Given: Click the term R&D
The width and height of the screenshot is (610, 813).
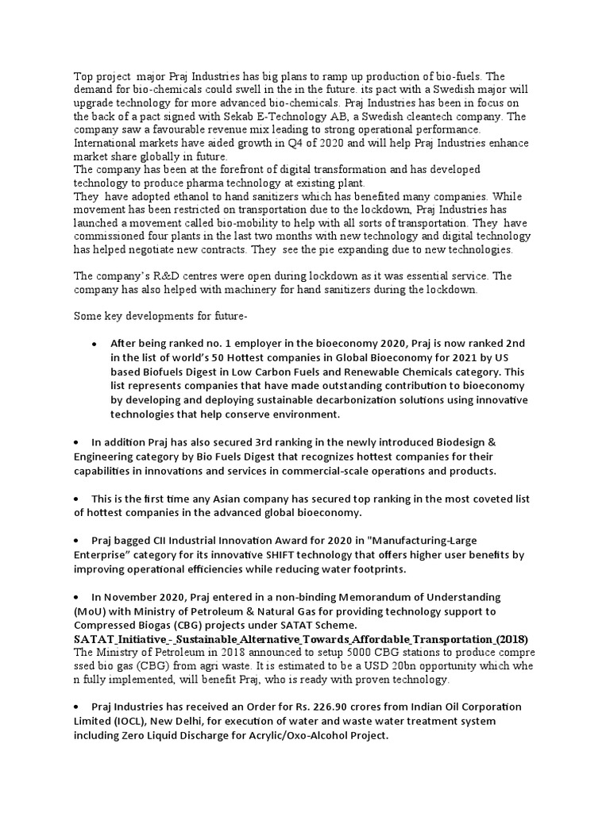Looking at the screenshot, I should tap(155, 276).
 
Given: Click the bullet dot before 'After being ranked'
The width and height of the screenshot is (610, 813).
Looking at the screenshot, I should tap(95, 344).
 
